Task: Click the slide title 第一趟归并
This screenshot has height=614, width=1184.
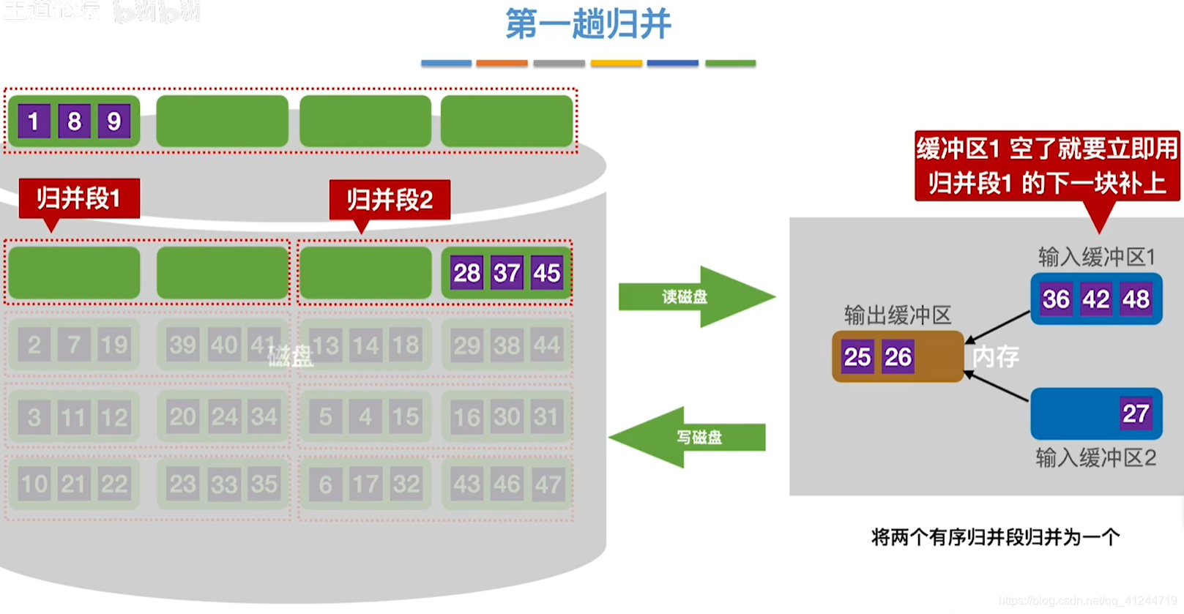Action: click(588, 24)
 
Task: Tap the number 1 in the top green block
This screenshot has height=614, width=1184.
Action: click(34, 121)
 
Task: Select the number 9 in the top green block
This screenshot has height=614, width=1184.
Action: click(113, 121)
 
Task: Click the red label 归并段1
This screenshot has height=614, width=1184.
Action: click(79, 198)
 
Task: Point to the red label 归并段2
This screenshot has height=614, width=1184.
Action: click(390, 200)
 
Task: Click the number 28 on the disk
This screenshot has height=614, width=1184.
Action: click(466, 273)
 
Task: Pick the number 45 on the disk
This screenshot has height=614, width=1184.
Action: click(546, 273)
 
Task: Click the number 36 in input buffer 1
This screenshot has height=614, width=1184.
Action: click(1056, 299)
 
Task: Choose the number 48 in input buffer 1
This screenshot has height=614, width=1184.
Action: click(1136, 299)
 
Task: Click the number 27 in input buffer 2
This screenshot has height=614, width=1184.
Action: click(1135, 413)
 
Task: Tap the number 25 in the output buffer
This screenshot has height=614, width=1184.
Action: click(857, 357)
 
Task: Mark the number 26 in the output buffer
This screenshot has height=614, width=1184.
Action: click(898, 357)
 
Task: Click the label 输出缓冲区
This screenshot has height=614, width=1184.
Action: click(898, 315)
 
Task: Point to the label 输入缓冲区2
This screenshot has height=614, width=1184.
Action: click(1095, 458)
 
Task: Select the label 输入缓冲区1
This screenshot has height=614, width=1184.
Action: click(1096, 257)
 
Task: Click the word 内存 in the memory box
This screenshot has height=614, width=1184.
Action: click(996, 356)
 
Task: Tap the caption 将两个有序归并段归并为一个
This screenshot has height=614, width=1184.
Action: click(995, 538)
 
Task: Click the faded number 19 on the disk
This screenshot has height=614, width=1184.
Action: click(114, 345)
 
